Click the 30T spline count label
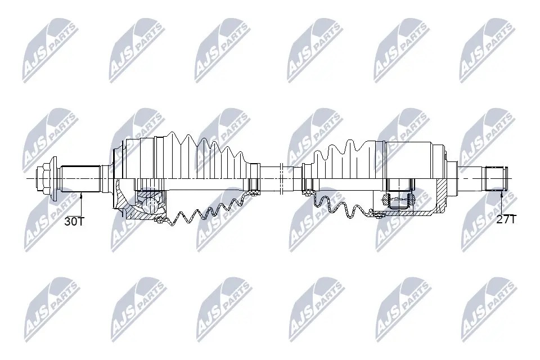[x=74, y=221]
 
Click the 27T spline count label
[x=506, y=220]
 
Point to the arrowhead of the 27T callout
[x=501, y=193]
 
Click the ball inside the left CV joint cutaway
[x=151, y=200]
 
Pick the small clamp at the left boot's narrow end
[x=254, y=178]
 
